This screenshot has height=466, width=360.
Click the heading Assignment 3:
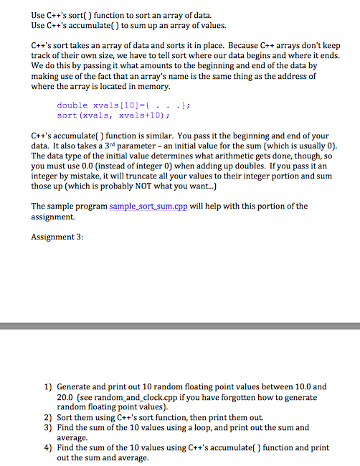click(59, 237)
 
